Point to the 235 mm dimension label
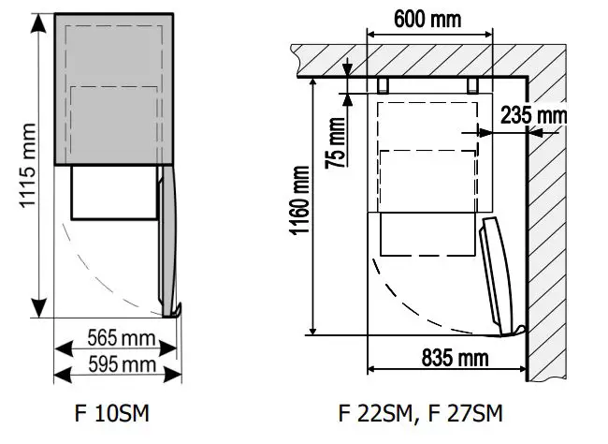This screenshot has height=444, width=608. click(x=533, y=115)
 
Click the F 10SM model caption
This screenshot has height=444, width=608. click(x=112, y=414)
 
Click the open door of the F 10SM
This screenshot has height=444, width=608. click(x=168, y=239)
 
